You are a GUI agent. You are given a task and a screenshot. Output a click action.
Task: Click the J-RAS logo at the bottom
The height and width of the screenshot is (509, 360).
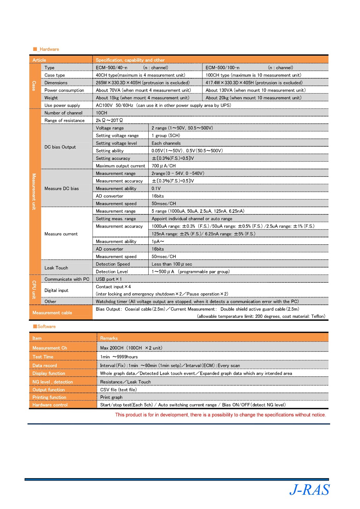coord(309,490)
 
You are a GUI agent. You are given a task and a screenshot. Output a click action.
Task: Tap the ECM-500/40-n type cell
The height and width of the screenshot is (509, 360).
coord(111,68)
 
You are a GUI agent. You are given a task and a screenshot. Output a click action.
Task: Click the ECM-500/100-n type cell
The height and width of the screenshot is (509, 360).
coord(222,68)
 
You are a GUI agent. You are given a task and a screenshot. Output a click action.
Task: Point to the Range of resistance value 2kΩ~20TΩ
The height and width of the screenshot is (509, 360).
coord(109,121)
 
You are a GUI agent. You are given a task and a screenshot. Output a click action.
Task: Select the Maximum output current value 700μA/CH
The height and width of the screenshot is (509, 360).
coord(164,166)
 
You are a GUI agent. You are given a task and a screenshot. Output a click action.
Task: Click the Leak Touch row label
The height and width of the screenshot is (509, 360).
coord(56,268)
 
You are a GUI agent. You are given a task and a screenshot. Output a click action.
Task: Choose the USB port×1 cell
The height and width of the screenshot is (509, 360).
coord(109,279)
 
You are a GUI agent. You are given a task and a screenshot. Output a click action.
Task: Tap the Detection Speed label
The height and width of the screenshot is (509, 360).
coord(113,264)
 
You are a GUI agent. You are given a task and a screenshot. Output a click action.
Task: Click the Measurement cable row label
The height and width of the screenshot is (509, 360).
coord(52,313)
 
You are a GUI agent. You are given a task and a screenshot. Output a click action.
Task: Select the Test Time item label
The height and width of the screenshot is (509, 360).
coord(43,357)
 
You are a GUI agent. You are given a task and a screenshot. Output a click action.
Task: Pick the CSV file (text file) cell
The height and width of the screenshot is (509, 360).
coord(118,390)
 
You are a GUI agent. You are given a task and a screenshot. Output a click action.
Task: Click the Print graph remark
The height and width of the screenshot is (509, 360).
coord(111,397)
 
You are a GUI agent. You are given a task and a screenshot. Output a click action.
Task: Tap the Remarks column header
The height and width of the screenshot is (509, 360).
coord(109,338)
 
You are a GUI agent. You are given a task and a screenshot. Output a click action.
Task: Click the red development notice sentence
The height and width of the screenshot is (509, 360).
coord(220,415)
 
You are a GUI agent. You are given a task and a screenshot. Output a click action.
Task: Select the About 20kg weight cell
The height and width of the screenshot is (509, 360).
coord(253,98)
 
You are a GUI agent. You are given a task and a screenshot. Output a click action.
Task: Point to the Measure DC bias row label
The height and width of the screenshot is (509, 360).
coord(61,189)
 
